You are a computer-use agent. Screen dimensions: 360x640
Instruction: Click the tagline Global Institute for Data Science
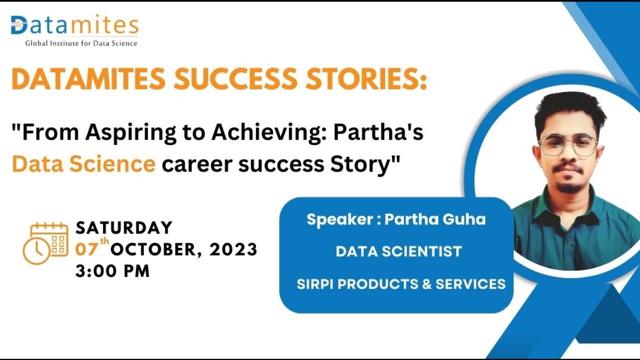pos(81,43)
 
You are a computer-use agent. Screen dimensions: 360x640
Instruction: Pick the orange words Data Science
pos(83,163)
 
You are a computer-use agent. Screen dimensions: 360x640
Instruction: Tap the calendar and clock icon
pos(45,243)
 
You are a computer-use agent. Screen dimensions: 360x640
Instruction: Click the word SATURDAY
pos(124,228)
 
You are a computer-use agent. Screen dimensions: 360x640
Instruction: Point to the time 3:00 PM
pos(112,271)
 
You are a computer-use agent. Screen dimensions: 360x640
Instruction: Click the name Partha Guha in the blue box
pos(435,219)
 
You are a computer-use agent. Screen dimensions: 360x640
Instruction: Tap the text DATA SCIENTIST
pos(398,251)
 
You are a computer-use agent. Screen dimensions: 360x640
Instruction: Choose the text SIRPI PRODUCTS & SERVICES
pos(401,284)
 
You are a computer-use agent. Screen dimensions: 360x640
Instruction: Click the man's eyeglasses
pos(568,145)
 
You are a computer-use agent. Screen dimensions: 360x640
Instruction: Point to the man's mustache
pos(567,168)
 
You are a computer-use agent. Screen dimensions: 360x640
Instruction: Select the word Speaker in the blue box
pos(339,219)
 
